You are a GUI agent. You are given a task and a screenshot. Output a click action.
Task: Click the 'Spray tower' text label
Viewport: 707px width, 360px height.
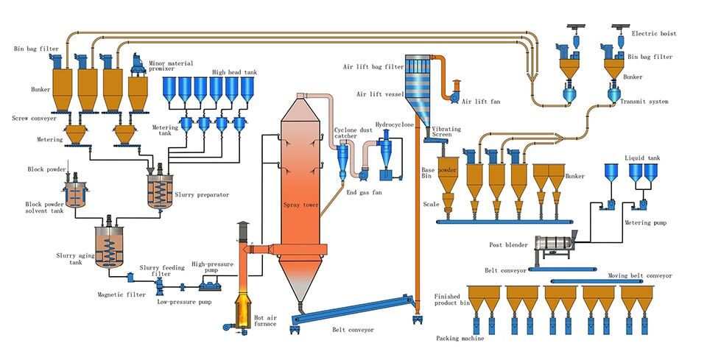[x=300, y=207]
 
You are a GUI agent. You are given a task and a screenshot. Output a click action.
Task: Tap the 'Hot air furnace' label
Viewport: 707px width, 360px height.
[x=267, y=321]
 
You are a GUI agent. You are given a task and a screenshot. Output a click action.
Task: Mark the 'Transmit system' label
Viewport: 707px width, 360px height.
[x=648, y=102]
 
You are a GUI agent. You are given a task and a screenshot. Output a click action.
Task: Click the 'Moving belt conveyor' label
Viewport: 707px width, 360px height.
[x=639, y=275]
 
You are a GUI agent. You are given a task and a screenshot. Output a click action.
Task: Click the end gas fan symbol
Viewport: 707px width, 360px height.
[x=362, y=175]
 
